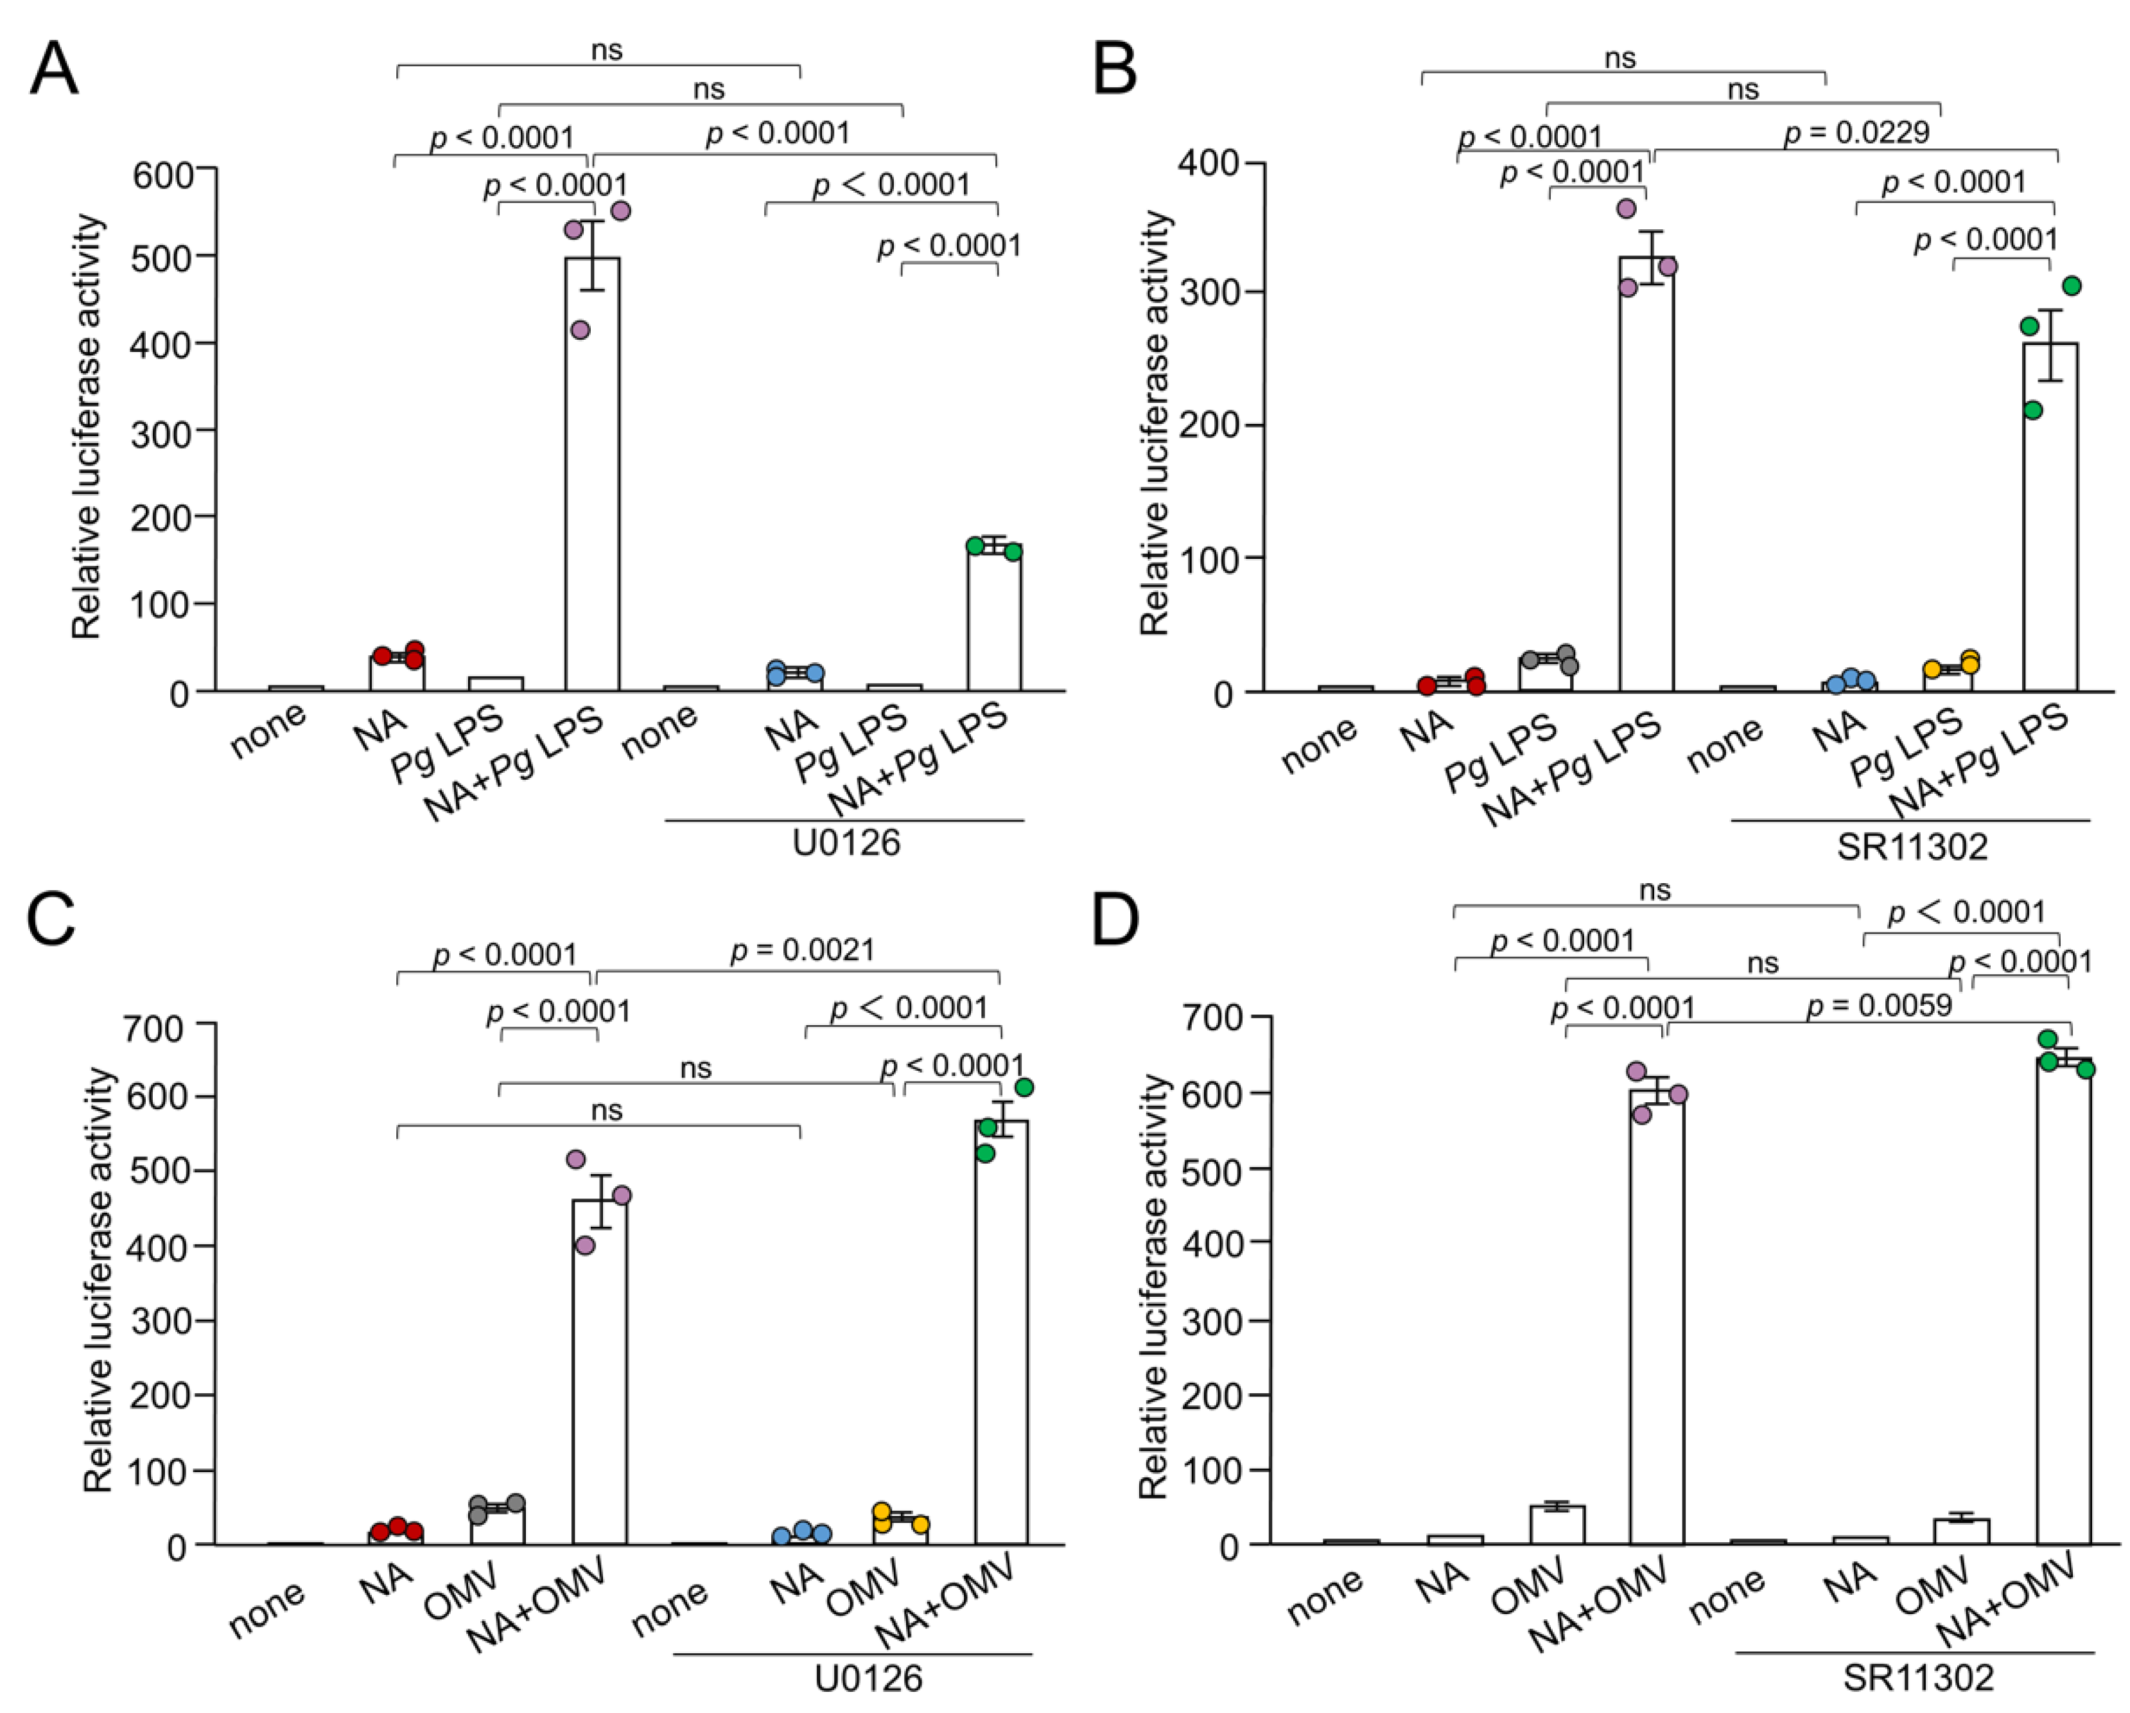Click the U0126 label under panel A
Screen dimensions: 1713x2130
pos(846,843)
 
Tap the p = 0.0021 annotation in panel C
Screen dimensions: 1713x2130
pos(802,951)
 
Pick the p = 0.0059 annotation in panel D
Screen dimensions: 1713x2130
pos(1879,1006)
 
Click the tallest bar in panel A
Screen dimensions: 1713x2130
pos(592,474)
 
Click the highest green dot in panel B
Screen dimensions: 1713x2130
pos(2072,285)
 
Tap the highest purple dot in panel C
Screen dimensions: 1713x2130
pos(576,1159)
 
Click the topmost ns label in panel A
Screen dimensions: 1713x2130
pos(607,50)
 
